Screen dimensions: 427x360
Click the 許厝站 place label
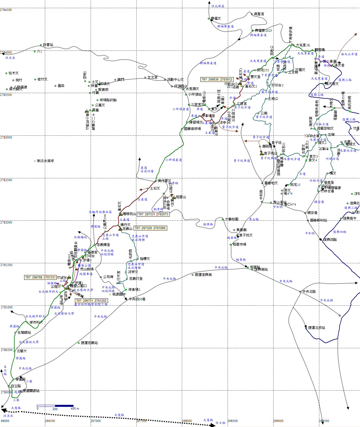pos(48,45)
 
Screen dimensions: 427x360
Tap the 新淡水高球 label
pos(45,161)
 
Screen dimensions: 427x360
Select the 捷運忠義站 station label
pos(89,343)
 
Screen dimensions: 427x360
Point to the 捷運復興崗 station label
pos(203,275)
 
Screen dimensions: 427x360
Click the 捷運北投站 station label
pos(317,328)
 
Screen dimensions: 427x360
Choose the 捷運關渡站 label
pos(31,391)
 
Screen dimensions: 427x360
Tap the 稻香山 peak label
pos(181,197)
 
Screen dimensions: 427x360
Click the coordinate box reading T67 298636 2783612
pos(217,79)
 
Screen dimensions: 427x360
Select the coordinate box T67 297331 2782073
pos(153,214)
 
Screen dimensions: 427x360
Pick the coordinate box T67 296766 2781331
pos(40,277)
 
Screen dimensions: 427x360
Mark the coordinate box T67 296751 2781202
pos(91,301)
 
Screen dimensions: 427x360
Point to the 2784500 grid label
pos(6,10)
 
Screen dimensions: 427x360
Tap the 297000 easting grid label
pos(96,421)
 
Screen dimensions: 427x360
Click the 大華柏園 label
pos(231,219)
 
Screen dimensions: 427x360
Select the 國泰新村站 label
pos(318,220)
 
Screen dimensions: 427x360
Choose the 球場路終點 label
pos(108,100)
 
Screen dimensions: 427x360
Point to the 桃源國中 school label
pos(119,294)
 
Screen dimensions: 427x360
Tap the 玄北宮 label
pos(152,77)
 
